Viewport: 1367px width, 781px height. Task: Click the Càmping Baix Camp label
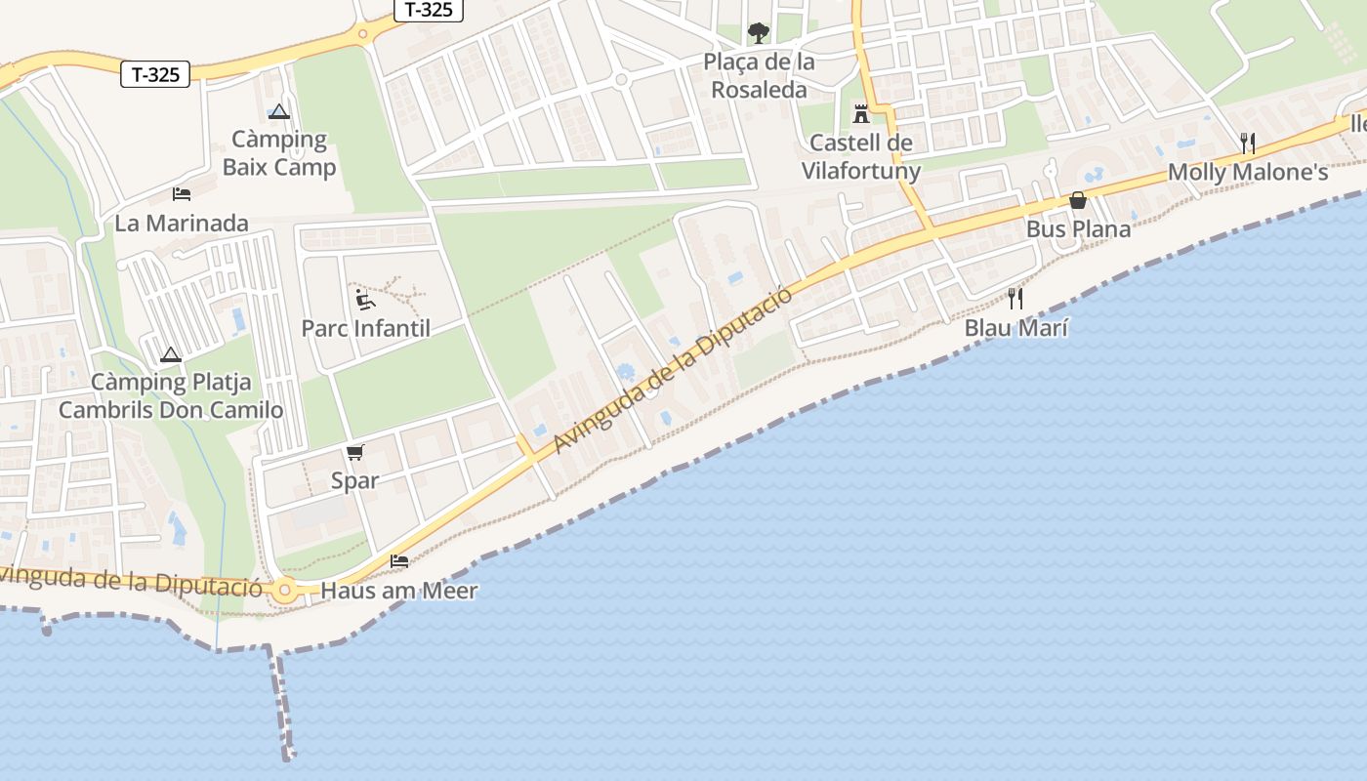click(279, 153)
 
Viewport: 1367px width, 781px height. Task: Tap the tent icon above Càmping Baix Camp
click(279, 111)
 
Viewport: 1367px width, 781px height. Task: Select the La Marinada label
click(182, 224)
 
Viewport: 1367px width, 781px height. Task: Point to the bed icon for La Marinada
click(181, 194)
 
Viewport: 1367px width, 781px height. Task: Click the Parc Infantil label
click(365, 328)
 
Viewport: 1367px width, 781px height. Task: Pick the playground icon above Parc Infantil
click(364, 299)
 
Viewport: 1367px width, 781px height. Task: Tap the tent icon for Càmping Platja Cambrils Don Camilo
click(171, 354)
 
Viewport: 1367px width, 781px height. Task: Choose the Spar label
click(354, 480)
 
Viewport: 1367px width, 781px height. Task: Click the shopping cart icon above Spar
click(354, 452)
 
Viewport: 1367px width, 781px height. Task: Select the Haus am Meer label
click(399, 591)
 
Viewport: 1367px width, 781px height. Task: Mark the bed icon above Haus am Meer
click(398, 561)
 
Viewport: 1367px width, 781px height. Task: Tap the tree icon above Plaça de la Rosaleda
click(759, 33)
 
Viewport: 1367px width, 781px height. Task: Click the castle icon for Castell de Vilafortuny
click(860, 114)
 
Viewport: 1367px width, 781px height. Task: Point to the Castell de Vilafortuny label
click(860, 157)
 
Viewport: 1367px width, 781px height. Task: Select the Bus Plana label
click(1078, 229)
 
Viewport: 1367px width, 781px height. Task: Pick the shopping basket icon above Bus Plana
click(1078, 200)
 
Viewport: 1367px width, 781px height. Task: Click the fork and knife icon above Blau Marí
click(1015, 299)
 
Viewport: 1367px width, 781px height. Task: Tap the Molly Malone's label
click(1248, 173)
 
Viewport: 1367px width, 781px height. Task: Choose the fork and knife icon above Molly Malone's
click(1247, 144)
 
